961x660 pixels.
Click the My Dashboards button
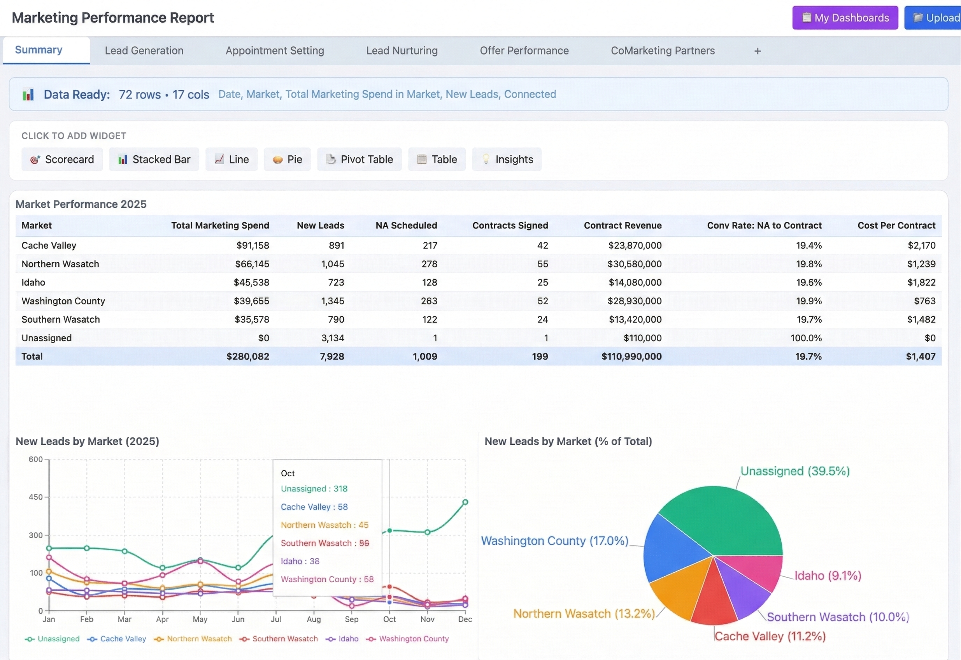(845, 18)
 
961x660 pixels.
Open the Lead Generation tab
(144, 51)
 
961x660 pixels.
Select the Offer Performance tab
(524, 51)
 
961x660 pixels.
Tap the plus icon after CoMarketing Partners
(757, 51)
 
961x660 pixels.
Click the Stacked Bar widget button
(154, 159)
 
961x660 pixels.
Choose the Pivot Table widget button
(359, 159)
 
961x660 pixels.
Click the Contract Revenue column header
(623, 225)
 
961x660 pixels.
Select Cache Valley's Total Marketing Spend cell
(252, 245)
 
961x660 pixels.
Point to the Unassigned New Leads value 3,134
(333, 338)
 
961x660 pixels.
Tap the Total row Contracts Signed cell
(540, 356)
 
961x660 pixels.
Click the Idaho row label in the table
(33, 283)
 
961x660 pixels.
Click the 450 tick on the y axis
(35, 497)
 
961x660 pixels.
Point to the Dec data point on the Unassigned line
(465, 502)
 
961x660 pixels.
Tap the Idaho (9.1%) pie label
(828, 575)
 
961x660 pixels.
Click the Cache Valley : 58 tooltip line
(314, 507)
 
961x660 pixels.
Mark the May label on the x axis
(200, 619)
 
